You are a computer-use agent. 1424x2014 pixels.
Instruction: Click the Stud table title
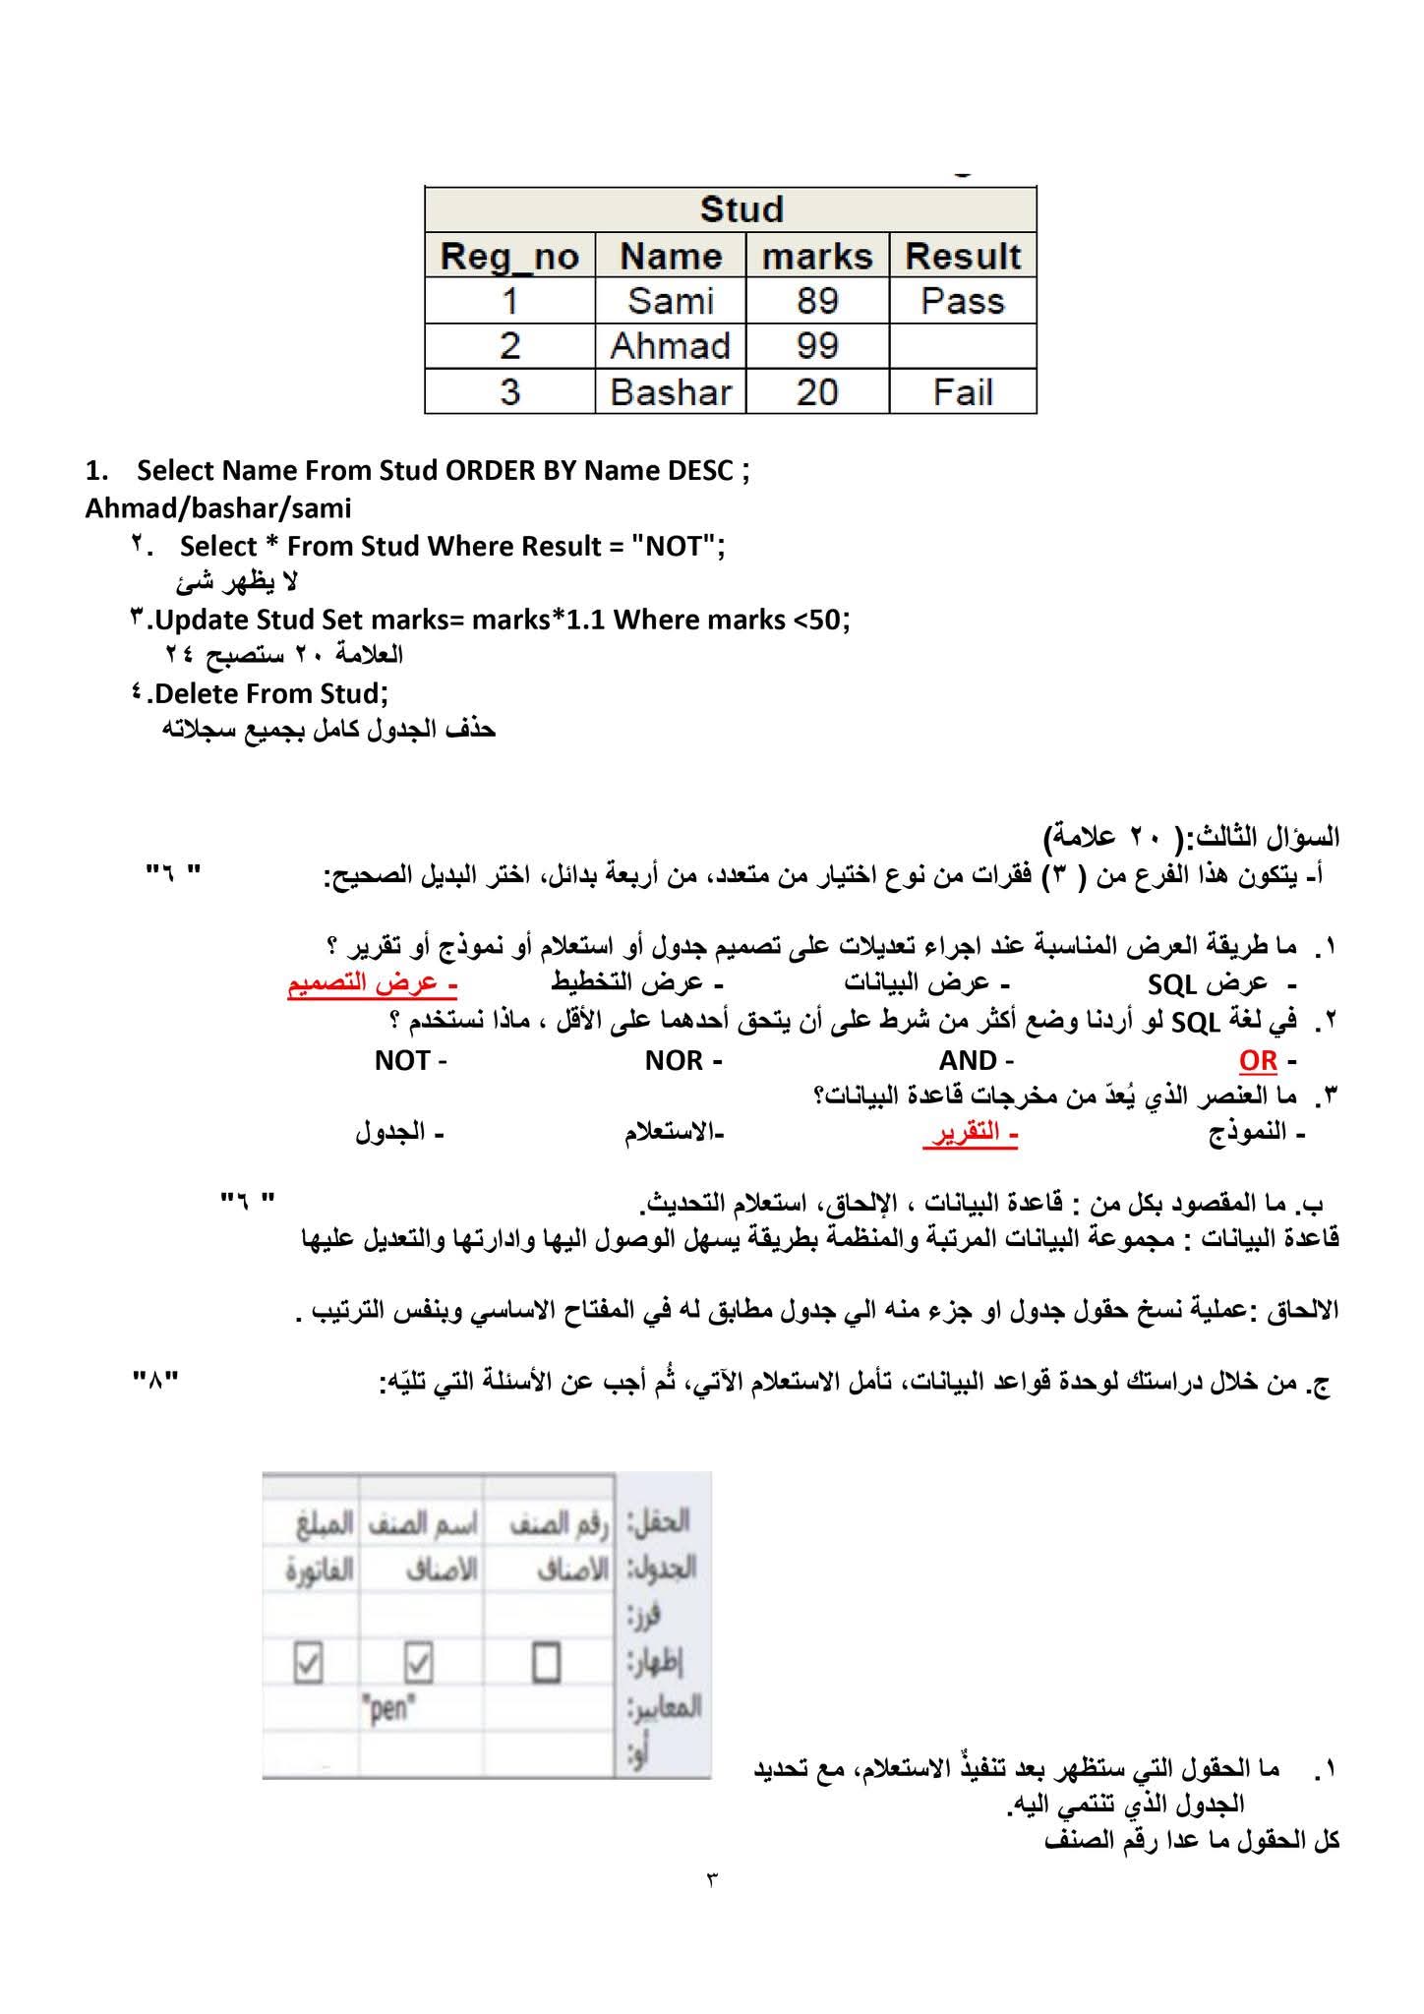(742, 209)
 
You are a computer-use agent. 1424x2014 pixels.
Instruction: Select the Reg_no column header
(509, 256)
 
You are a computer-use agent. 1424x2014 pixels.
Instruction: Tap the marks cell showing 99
(817, 346)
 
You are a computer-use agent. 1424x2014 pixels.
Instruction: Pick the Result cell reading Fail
(963, 392)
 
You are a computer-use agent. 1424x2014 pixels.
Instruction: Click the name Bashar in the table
(671, 392)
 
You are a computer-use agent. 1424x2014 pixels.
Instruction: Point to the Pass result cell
(963, 301)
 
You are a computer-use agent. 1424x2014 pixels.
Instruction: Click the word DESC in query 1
(700, 470)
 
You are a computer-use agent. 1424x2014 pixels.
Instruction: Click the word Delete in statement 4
(197, 693)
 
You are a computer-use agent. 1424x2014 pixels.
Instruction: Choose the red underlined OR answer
(1258, 1060)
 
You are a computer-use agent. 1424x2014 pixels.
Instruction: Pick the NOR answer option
(674, 1060)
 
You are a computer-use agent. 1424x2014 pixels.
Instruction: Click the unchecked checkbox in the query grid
(546, 1664)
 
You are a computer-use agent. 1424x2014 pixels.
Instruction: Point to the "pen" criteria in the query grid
(388, 1710)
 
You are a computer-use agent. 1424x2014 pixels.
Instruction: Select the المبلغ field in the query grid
(324, 1525)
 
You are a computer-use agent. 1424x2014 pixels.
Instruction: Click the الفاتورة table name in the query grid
(319, 1570)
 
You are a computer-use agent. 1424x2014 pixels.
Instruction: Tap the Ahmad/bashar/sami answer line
(217, 508)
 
